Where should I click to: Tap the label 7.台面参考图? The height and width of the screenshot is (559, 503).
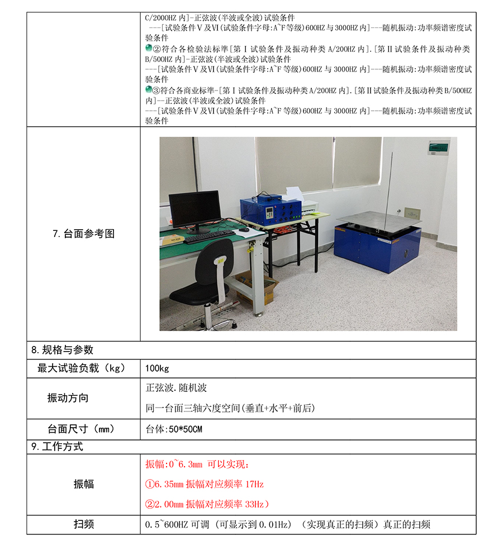point(83,234)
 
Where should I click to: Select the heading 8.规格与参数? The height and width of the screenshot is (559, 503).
point(62,350)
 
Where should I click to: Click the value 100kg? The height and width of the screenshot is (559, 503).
point(157,368)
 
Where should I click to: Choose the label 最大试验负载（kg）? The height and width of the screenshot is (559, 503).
point(83,368)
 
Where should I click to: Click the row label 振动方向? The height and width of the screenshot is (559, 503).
point(68,398)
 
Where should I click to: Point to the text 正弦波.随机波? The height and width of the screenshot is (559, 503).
point(176,387)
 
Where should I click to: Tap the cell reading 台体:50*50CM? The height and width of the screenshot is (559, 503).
point(174,429)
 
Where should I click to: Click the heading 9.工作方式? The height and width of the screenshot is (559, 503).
point(57,447)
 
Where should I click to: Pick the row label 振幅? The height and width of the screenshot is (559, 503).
point(83,484)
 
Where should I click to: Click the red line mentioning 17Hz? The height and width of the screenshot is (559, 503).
point(205,484)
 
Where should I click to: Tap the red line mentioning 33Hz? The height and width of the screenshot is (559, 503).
point(207,504)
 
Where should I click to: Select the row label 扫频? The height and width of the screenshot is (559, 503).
point(83,524)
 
